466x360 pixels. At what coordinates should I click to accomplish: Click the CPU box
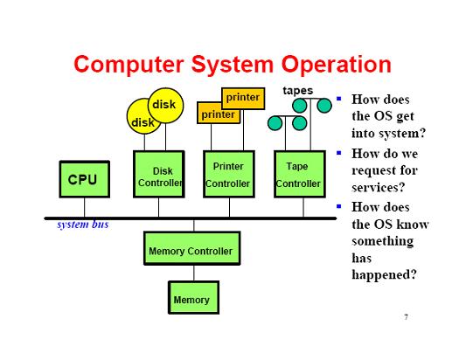coord(85,179)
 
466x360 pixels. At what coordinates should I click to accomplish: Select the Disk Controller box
coord(159,174)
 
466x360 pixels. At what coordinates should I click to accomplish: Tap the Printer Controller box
coord(229,174)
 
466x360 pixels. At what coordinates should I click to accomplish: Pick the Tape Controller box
coord(300,174)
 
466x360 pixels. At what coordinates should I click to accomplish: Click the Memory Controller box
coord(192,248)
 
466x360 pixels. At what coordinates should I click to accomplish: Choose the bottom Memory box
coord(193,297)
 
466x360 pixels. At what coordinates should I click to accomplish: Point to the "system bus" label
coord(82,225)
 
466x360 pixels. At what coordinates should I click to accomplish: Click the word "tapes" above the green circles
coord(298,91)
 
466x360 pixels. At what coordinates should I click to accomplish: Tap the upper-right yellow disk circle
coord(165,106)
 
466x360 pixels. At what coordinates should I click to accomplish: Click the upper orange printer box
coord(243,99)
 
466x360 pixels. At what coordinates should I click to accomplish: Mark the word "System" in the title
coord(232,65)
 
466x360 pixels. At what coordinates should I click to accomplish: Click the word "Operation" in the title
coord(336,65)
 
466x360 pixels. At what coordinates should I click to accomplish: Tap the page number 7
coord(406,317)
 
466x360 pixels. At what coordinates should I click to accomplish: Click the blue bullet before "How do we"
coord(339,153)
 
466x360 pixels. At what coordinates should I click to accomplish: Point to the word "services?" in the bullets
coord(378,187)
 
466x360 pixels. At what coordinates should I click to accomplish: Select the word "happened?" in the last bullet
coord(384,275)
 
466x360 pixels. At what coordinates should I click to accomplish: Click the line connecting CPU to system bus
coord(85,207)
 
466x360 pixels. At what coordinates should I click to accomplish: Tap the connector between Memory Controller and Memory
coord(194,273)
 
